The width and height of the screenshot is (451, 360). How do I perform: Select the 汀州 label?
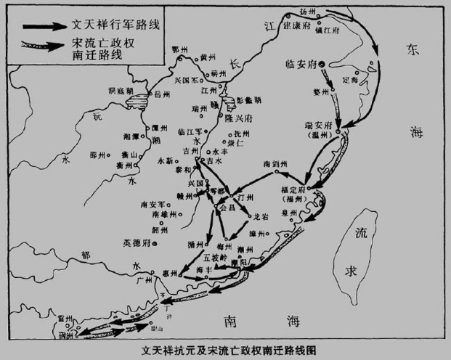[x=245, y=197]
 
